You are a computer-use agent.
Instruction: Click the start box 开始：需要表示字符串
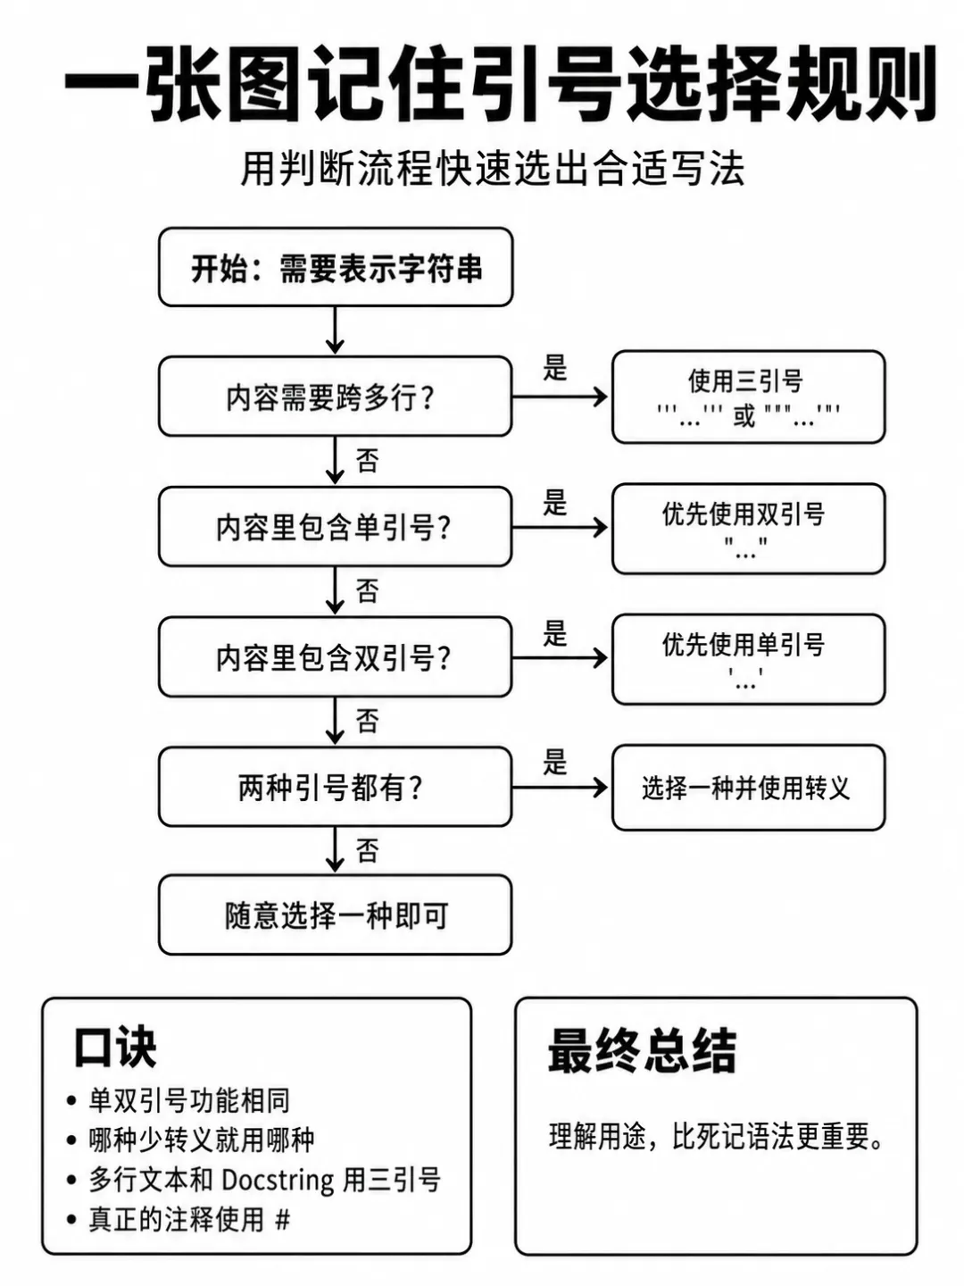[336, 267]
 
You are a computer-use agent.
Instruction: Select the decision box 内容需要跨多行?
[336, 397]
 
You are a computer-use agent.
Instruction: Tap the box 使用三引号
[749, 397]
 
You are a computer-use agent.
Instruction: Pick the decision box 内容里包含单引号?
[336, 527]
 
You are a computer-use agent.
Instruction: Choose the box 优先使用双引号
[749, 529]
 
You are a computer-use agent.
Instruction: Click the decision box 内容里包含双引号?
[336, 656]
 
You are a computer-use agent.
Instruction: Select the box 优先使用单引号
[749, 659]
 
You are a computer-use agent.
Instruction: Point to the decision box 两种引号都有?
[336, 787]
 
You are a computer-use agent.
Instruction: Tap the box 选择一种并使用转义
[749, 788]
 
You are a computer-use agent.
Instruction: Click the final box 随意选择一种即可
[336, 915]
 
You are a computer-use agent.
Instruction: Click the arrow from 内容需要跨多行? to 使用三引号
[561, 397]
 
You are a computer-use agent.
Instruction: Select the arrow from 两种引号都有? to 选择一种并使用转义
[561, 788]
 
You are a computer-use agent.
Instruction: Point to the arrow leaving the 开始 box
[335, 330]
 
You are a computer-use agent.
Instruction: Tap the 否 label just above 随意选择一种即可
[367, 851]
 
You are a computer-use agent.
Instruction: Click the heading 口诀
[115, 1047]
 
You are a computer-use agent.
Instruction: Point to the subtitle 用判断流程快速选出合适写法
[492, 169]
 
